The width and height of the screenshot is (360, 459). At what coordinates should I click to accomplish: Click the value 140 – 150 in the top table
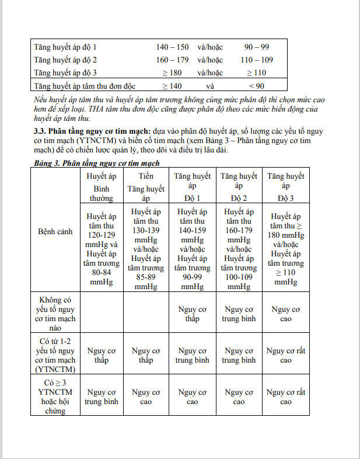click(x=172, y=47)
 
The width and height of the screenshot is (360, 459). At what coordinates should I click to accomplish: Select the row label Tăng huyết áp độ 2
click(x=65, y=60)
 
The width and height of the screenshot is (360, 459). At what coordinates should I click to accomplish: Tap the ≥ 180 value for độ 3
click(x=172, y=73)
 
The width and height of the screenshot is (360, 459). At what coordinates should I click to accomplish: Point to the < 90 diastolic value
click(x=257, y=86)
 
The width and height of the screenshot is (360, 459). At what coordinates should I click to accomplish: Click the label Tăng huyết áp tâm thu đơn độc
click(x=85, y=86)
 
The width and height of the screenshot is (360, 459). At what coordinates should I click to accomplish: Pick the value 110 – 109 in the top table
click(x=257, y=60)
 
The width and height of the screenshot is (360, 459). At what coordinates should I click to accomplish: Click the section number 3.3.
click(x=40, y=133)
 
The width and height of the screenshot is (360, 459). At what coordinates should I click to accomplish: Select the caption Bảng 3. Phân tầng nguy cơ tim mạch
click(x=97, y=164)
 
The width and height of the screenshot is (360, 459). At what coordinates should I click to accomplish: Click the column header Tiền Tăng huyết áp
click(x=146, y=187)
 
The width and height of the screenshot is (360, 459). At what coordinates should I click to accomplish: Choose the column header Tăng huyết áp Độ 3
click(x=285, y=187)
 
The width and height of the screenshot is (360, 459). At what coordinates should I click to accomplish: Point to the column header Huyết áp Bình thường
click(x=102, y=187)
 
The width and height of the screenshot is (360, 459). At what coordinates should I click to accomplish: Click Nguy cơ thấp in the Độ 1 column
click(x=193, y=314)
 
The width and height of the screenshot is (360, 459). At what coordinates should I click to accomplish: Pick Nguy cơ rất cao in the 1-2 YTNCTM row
click(x=285, y=356)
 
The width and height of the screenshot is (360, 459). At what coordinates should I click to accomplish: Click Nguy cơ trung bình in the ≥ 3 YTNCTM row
click(x=102, y=397)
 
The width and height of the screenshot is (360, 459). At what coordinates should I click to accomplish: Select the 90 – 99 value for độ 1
click(x=257, y=47)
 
